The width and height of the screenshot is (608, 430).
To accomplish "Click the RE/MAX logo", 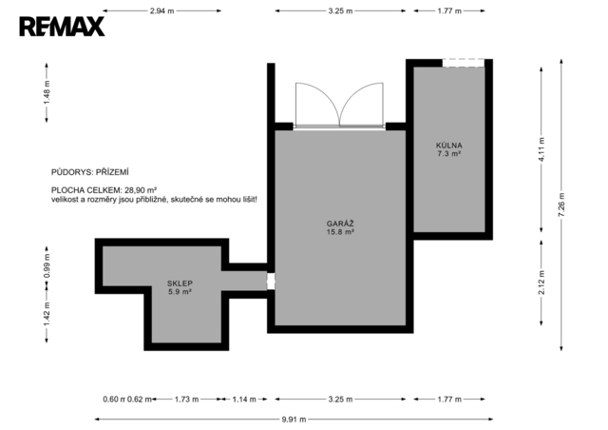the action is [62, 27].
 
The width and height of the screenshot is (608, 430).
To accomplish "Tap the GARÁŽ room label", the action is [340, 224].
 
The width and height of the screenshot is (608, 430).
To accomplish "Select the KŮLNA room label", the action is [449, 146].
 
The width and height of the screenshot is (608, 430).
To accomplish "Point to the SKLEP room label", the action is [180, 283].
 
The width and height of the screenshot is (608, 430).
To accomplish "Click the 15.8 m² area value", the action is [340, 232].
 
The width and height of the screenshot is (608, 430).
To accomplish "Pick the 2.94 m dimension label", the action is [162, 10].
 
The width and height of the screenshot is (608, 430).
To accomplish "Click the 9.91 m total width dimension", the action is [294, 420].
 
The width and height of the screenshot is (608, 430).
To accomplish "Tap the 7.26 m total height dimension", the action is [561, 205].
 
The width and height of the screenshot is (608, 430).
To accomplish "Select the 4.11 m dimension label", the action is [541, 149].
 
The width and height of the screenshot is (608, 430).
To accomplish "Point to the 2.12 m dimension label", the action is [541, 283].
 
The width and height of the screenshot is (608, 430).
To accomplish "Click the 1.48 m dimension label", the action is [47, 92].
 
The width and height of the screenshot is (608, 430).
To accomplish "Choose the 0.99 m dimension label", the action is [47, 265].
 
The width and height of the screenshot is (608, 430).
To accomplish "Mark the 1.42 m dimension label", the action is [47, 314].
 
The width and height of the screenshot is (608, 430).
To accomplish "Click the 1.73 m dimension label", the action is [186, 400].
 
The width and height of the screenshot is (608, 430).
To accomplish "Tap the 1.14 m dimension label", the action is [244, 400].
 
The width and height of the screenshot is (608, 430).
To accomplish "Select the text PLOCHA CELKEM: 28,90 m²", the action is [104, 190].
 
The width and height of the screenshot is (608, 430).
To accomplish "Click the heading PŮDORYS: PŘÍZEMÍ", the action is [90, 172].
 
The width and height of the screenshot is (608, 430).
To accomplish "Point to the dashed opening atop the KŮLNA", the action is [464, 63].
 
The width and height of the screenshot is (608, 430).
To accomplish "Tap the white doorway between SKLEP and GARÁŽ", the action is [271, 282].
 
